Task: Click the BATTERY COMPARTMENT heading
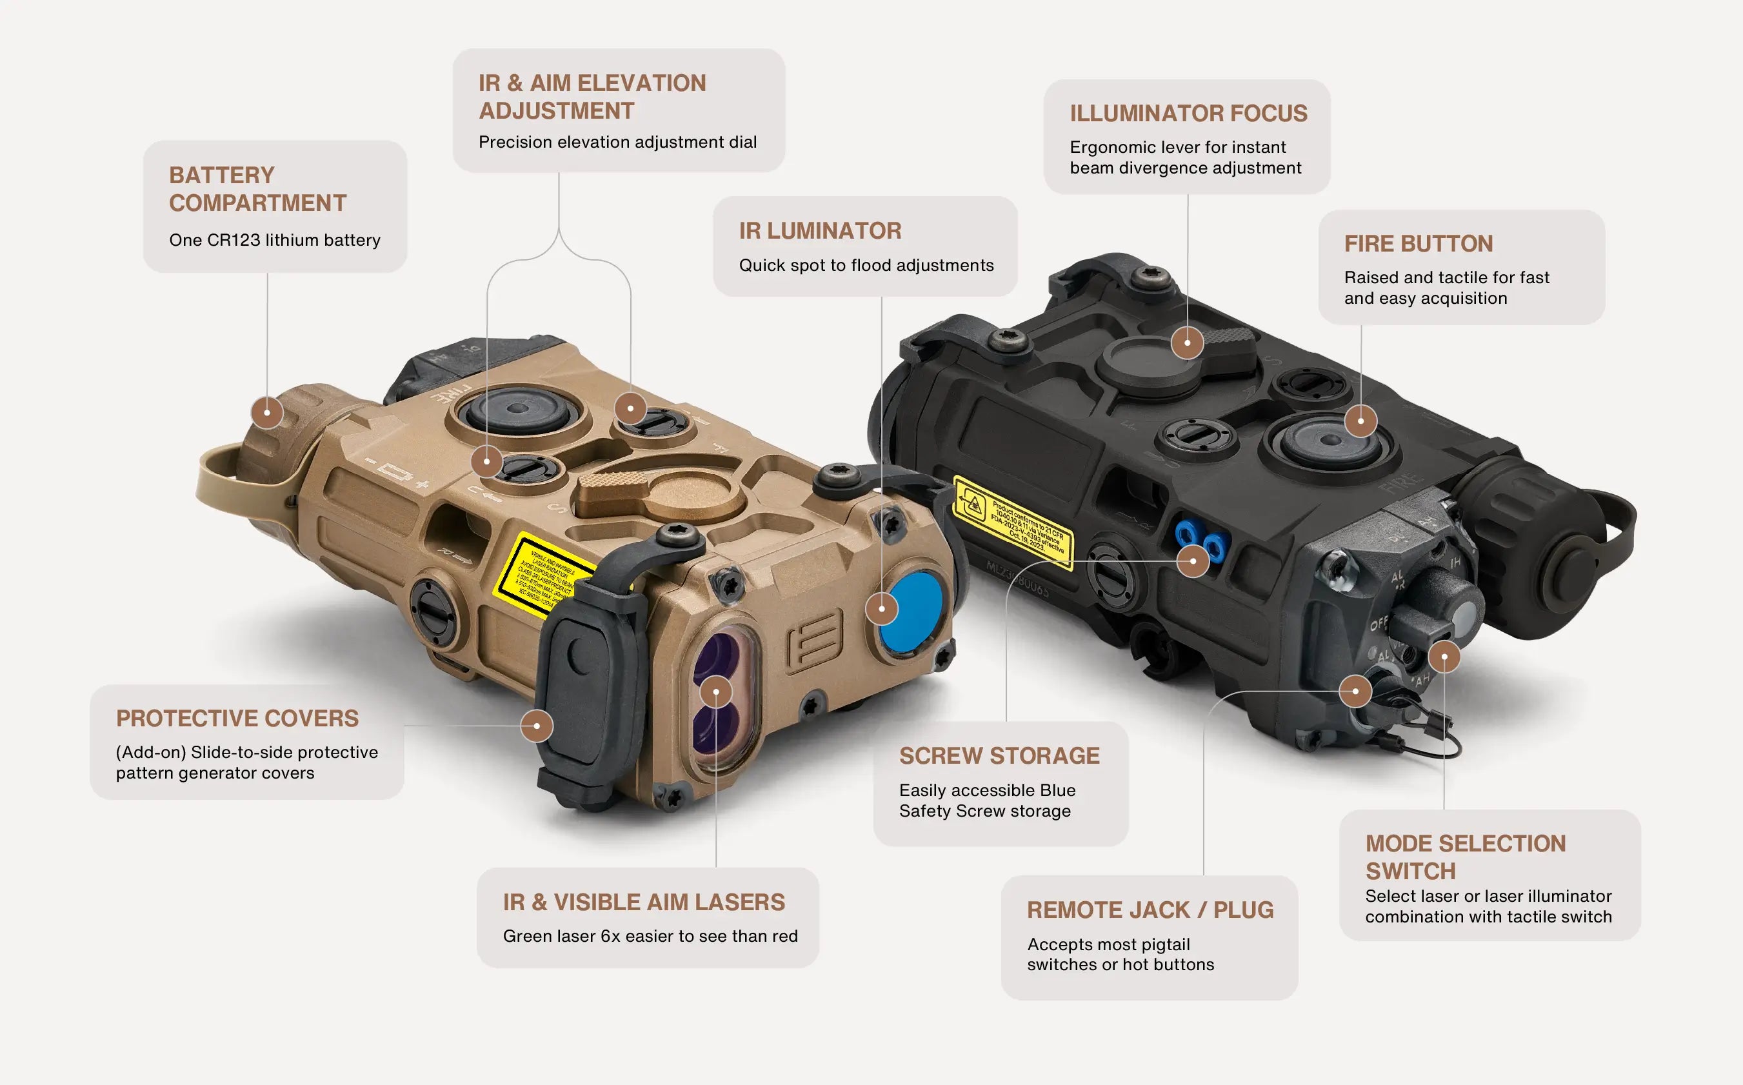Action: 257,189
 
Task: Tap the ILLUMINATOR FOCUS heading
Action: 1188,114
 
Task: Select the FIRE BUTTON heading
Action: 1418,244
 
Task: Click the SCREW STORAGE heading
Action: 999,755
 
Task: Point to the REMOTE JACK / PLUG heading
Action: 1150,910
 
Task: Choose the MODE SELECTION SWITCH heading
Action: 1466,857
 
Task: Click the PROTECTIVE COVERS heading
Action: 237,719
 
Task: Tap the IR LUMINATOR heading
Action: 820,231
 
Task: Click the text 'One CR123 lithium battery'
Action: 275,240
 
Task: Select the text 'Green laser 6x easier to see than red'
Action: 650,936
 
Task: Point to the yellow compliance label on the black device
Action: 1013,523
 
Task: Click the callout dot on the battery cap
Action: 268,413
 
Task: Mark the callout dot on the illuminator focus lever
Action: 1187,343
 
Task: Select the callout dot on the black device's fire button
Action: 1360,421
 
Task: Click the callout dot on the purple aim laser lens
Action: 715,692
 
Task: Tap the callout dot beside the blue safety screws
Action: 1193,561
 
